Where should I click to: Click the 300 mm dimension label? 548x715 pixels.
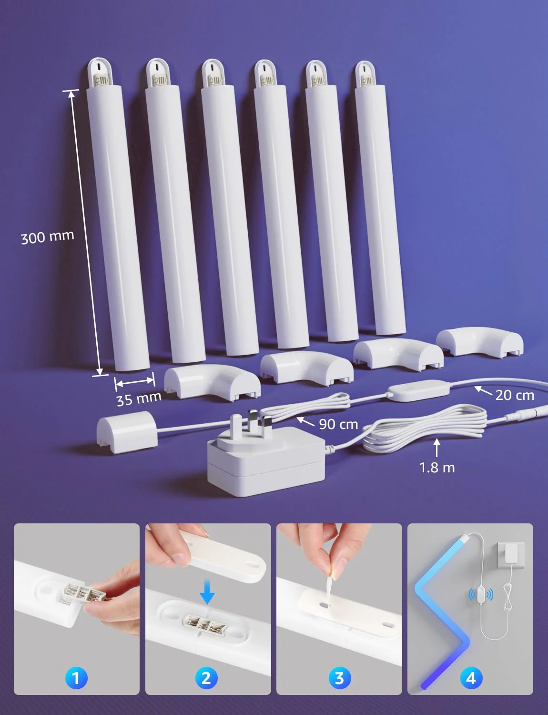(x=47, y=237)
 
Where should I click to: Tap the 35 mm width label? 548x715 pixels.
(x=139, y=399)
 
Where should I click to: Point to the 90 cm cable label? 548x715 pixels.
(x=338, y=424)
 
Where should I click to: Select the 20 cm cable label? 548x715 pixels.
(x=515, y=395)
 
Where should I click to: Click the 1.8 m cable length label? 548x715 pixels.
(x=437, y=468)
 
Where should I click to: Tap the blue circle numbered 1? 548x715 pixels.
(x=76, y=678)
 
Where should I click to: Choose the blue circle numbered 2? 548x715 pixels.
(x=206, y=678)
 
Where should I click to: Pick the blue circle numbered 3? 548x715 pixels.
(x=340, y=678)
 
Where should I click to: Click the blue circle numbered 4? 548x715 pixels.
(x=471, y=678)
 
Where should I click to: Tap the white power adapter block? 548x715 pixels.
(x=266, y=462)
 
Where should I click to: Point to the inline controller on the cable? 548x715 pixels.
(x=418, y=390)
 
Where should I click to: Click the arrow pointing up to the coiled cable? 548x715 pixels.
(x=437, y=448)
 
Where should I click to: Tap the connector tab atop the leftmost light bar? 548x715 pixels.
(x=100, y=73)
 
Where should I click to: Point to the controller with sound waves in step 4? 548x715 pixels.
(x=481, y=594)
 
